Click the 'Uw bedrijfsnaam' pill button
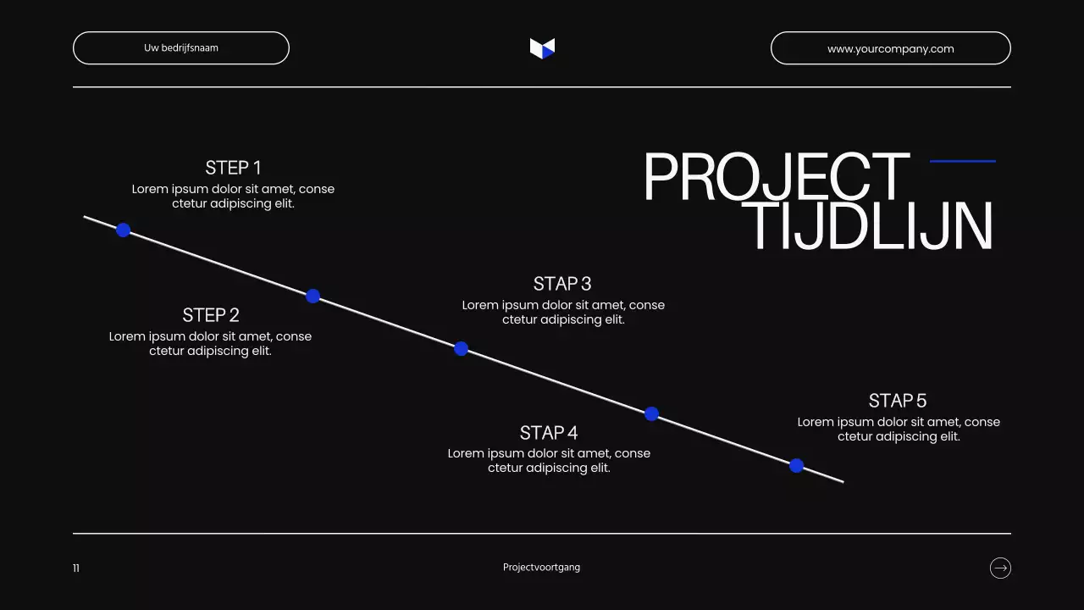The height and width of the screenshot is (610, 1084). point(181,48)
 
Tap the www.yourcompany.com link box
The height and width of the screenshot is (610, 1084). point(890,48)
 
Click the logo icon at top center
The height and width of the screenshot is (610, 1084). point(542,48)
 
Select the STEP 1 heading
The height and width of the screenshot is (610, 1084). point(233,168)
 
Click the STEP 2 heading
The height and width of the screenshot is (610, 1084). point(211,315)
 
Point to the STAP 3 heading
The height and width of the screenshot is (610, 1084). point(562,284)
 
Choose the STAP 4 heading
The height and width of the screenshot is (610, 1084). point(549,433)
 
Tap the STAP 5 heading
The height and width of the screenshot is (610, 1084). point(898,401)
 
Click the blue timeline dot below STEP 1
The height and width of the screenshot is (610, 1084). point(123,230)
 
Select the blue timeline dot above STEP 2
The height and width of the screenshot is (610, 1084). point(312,296)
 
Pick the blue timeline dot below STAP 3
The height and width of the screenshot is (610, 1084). point(461,348)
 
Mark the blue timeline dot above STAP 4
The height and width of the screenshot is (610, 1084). point(651,413)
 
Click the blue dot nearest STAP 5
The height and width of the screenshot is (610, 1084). point(796,465)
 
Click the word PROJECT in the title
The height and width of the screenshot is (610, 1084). point(776,178)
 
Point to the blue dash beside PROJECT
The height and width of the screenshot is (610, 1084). point(962,161)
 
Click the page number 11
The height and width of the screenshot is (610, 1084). point(76,568)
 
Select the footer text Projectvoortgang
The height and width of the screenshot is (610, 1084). point(541,568)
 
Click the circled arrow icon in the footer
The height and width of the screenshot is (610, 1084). point(1000,568)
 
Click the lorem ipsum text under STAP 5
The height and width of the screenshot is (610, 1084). point(899,430)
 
